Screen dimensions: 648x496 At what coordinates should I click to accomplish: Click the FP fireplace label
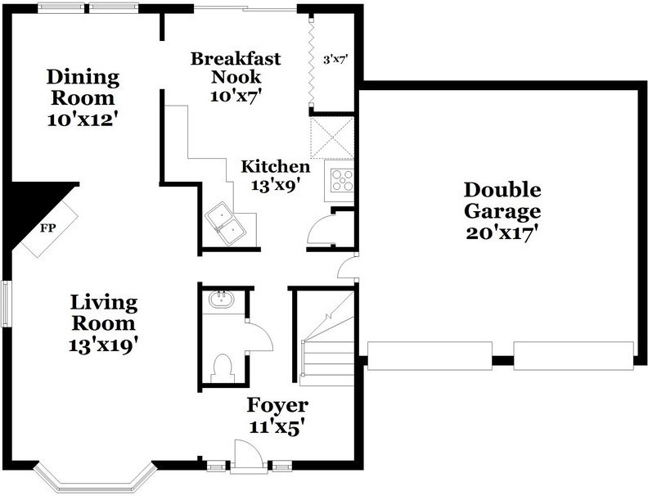coord(47,228)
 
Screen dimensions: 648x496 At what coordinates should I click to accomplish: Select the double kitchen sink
coord(227,224)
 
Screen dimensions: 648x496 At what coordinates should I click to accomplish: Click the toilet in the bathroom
coord(223,367)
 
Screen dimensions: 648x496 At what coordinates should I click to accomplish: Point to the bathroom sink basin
coord(221,299)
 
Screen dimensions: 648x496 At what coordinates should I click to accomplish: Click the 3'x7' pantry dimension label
coord(334,60)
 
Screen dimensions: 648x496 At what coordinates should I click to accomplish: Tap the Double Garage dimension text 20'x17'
coord(502,233)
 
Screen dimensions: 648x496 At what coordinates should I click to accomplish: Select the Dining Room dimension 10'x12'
coord(83,119)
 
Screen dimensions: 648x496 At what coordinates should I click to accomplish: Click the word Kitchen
coord(275,167)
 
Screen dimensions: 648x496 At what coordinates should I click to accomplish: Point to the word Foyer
coord(277,405)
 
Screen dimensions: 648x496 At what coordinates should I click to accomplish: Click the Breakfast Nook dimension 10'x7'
coord(236,96)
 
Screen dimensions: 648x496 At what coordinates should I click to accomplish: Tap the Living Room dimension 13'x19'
coord(103,345)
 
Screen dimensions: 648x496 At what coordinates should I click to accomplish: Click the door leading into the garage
coord(348,268)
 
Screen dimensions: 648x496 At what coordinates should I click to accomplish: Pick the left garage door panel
coord(430,355)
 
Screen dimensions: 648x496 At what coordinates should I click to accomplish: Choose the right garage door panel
coord(574,355)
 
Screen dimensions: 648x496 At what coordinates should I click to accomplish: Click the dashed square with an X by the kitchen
coord(332,138)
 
